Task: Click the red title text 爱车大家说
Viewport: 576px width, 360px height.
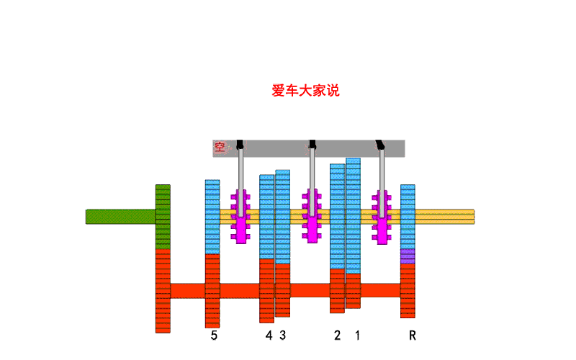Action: pyautogui.click(x=305, y=91)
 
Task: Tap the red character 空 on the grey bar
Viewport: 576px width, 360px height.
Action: pyautogui.click(x=220, y=148)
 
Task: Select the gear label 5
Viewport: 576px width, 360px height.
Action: pyautogui.click(x=214, y=336)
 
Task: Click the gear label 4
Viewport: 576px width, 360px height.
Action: pyautogui.click(x=269, y=336)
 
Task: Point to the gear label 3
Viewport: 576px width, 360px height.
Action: pyautogui.click(x=283, y=336)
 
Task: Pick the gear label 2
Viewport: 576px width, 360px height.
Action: pyautogui.click(x=337, y=336)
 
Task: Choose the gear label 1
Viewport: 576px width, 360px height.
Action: pyautogui.click(x=356, y=336)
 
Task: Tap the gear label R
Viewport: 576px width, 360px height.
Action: pyautogui.click(x=413, y=336)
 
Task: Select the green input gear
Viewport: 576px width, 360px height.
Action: pyautogui.click(x=163, y=216)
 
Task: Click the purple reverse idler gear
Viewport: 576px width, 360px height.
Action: pyautogui.click(x=408, y=256)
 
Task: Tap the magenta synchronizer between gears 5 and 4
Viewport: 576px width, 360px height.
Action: pyautogui.click(x=240, y=215)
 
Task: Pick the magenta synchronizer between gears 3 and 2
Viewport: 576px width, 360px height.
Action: pyautogui.click(x=311, y=215)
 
